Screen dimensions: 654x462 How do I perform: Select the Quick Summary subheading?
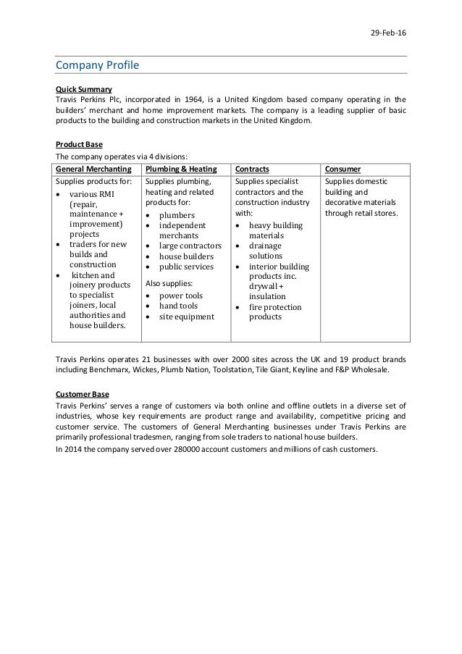click(83, 89)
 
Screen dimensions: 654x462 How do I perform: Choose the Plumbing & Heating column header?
click(181, 169)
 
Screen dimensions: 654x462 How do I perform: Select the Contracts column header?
click(253, 169)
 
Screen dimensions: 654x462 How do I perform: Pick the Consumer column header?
click(344, 169)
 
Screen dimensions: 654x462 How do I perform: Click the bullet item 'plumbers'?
click(177, 215)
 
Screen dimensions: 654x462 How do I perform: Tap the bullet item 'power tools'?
click(181, 295)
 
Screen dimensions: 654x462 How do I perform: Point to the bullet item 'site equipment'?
click(186, 316)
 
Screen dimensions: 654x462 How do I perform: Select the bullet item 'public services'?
click(188, 267)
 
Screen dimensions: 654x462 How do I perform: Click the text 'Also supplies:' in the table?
click(169, 282)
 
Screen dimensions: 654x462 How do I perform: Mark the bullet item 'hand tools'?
click(179, 306)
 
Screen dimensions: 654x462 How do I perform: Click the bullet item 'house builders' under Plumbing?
click(186, 256)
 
